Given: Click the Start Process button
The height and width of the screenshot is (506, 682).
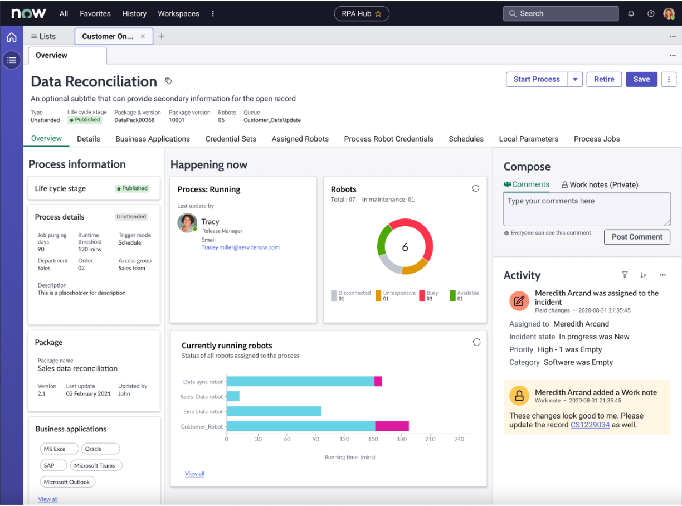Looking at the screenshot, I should (536, 80).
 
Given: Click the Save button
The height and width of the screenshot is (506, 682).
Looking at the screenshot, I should (641, 80).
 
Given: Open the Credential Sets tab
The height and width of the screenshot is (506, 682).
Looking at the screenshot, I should (231, 139).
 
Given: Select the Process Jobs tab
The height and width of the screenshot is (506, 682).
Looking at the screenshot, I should (597, 139).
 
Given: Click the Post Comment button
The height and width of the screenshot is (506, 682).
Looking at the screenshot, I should (637, 237).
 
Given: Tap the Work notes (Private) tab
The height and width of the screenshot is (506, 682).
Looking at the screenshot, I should (600, 184).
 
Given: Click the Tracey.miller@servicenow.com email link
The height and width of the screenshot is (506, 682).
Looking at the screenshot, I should (240, 247).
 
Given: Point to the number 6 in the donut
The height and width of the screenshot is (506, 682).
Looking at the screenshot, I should (405, 247).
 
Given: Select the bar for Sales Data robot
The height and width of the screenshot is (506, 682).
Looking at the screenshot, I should (233, 396).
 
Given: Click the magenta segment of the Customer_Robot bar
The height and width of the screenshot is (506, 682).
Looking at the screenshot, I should (392, 426).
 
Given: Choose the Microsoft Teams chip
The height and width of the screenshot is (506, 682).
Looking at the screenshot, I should (95, 465).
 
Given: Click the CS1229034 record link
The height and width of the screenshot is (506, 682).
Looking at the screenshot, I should (590, 425).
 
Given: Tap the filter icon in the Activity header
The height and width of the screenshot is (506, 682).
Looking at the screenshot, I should (625, 275).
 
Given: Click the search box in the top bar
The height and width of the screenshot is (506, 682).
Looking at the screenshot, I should (561, 13).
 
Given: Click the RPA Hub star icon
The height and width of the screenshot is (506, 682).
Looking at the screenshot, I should (378, 14).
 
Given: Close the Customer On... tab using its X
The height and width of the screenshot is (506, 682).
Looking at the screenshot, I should (143, 36).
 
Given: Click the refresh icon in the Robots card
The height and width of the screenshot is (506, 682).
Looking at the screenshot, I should (475, 188).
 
